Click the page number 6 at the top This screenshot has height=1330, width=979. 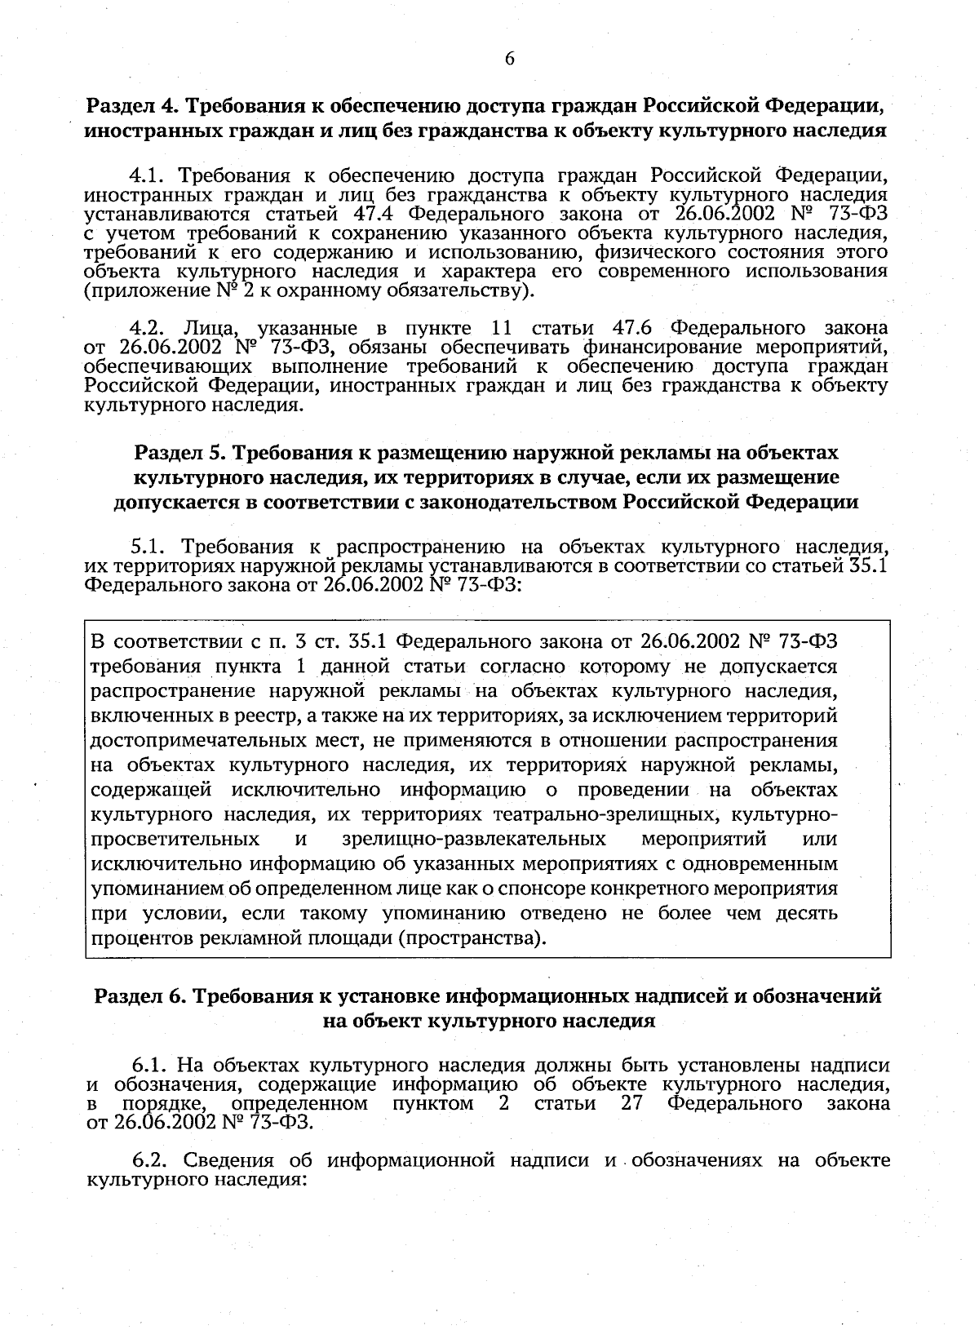(x=509, y=59)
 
